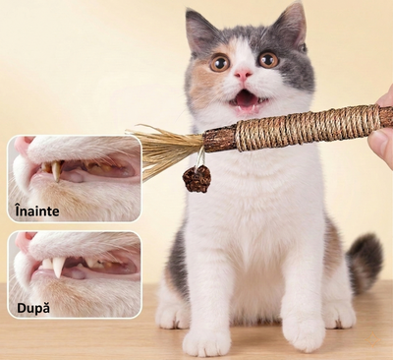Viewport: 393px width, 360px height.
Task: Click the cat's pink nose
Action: tap(243, 75)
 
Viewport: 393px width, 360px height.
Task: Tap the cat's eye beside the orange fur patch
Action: tap(220, 63)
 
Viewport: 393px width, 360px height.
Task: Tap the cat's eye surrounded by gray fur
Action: tap(268, 59)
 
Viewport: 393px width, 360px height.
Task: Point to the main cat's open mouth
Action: tap(247, 99)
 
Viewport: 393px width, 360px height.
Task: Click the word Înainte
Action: tap(37, 210)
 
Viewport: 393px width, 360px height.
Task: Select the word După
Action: tap(33, 308)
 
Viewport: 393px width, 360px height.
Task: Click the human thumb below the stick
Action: tap(380, 144)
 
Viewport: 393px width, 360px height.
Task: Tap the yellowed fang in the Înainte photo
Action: tap(56, 171)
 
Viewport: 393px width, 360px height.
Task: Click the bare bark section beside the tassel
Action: tap(220, 140)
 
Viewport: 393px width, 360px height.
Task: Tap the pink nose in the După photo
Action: tap(25, 241)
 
